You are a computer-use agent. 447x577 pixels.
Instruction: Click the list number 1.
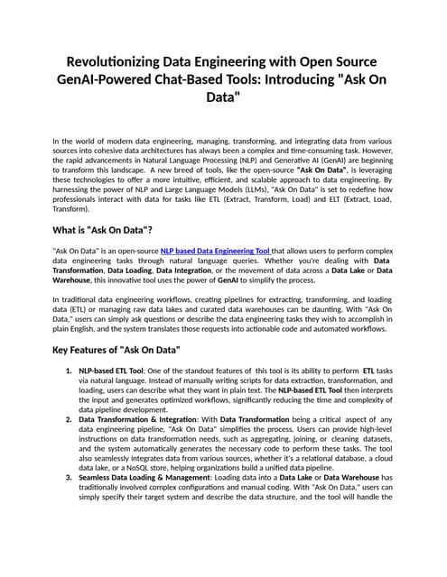tap(69, 370)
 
